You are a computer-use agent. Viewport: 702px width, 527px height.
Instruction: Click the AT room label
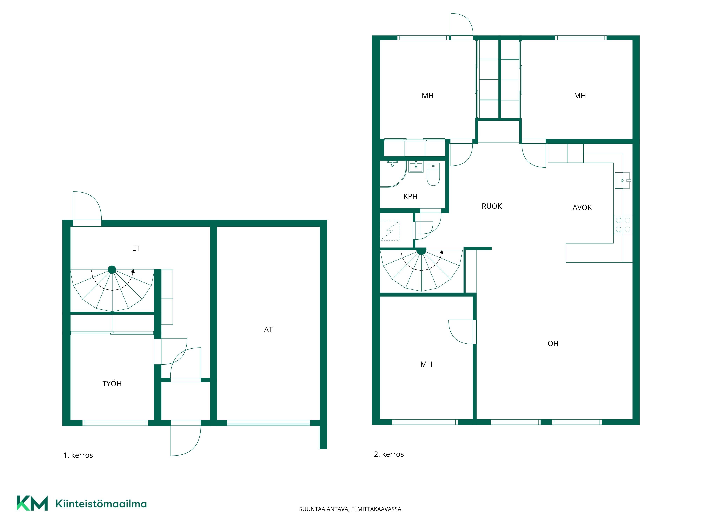[268, 330]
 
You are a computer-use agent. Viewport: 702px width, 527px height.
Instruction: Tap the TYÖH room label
[112, 383]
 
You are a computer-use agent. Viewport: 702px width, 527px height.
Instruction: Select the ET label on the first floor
[136, 248]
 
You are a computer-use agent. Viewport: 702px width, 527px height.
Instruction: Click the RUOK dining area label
[492, 206]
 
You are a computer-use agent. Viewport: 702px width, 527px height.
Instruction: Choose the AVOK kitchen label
[582, 208]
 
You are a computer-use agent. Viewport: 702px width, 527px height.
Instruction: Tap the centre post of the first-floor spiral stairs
[112, 270]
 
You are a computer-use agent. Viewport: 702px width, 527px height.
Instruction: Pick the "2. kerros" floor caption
[389, 454]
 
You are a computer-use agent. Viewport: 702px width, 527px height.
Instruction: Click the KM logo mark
[32, 503]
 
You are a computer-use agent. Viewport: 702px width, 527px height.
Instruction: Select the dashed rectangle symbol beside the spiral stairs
[390, 231]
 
